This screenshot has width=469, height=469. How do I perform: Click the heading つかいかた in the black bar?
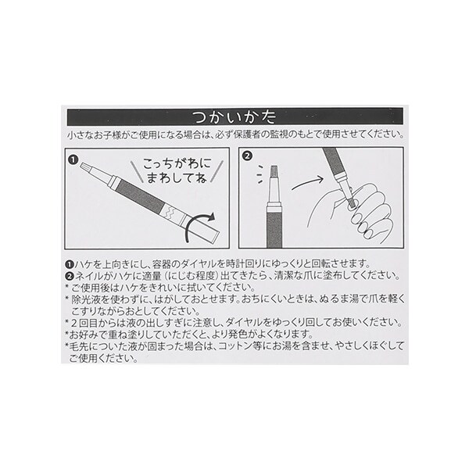(234, 117)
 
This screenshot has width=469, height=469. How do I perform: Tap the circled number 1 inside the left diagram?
(73, 159)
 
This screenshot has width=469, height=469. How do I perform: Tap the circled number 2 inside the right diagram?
(247, 156)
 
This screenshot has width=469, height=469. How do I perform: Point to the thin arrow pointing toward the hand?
(307, 183)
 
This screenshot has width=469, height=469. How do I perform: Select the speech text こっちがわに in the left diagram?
(177, 163)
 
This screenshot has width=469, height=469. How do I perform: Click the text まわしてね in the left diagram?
(177, 178)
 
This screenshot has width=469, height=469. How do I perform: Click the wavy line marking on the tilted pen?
(169, 213)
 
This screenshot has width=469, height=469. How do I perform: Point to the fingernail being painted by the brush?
(351, 206)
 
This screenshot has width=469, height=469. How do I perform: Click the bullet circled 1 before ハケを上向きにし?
(70, 264)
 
